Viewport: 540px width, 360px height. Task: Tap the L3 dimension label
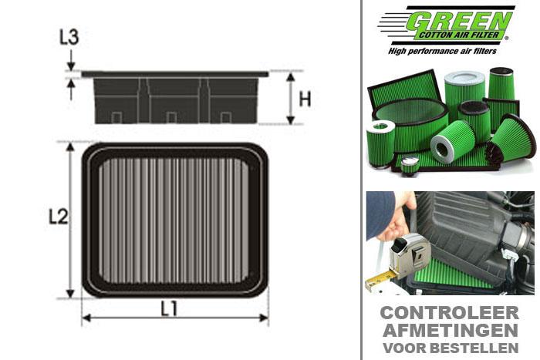click(x=69, y=37)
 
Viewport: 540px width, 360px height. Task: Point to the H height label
click(x=305, y=99)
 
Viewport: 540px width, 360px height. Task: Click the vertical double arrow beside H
click(x=289, y=98)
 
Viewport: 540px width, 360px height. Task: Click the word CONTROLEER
click(x=451, y=314)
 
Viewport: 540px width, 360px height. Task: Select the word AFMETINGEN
click(x=451, y=330)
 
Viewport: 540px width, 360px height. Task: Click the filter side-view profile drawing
click(x=174, y=98)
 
